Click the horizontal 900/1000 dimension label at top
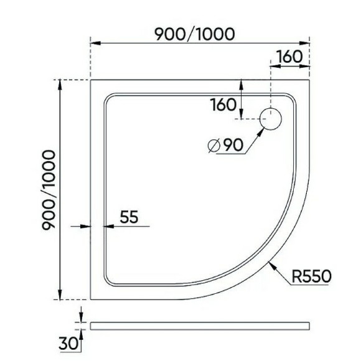click(x=195, y=34)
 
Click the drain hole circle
click(x=272, y=118)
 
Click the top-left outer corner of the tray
click(x=91, y=80)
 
